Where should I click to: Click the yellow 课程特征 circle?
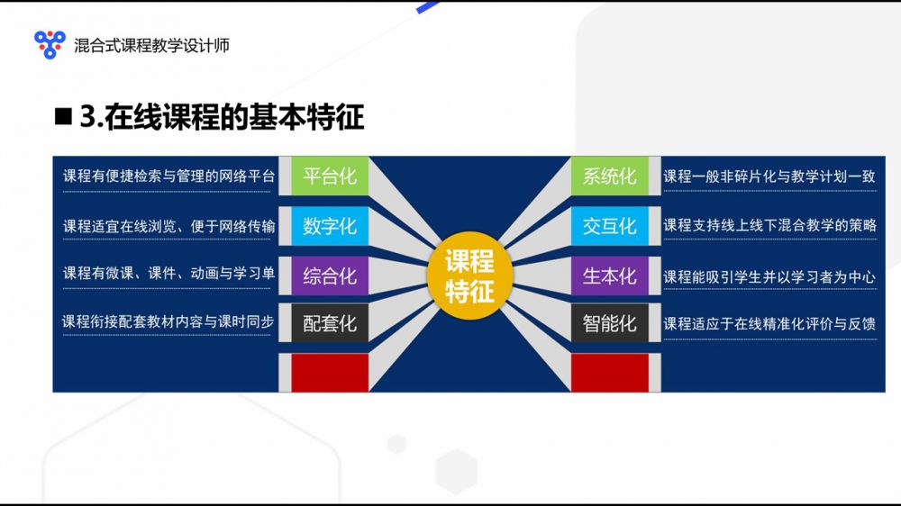pyautogui.click(x=469, y=276)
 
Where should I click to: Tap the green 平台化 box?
pyautogui.click(x=330, y=176)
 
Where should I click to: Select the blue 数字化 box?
pyautogui.click(x=330, y=226)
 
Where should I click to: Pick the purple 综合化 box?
pyautogui.click(x=330, y=276)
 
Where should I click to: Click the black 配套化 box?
pyautogui.click(x=330, y=323)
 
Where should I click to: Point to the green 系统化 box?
pyautogui.click(x=610, y=176)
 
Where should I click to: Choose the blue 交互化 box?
pyautogui.click(x=610, y=226)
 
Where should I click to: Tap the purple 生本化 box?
pyautogui.click(x=610, y=276)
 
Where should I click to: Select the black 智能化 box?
pyautogui.click(x=610, y=323)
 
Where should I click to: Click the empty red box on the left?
pyautogui.click(x=330, y=373)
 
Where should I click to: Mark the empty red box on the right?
pyautogui.click(x=610, y=373)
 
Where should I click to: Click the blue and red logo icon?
pyautogui.click(x=50, y=44)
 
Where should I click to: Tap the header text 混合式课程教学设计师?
pyautogui.click(x=151, y=45)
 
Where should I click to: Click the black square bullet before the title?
pyautogui.click(x=63, y=116)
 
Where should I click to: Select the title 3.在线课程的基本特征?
pyautogui.click(x=222, y=116)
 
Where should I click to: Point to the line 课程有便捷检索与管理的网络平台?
pyautogui.click(x=169, y=176)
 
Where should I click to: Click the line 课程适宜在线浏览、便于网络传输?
pyautogui.click(x=169, y=226)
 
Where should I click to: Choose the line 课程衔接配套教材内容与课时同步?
pyautogui.click(x=168, y=321)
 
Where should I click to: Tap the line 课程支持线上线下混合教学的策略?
pyautogui.click(x=770, y=225)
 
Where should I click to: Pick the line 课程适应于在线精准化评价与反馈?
pyautogui.click(x=770, y=324)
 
